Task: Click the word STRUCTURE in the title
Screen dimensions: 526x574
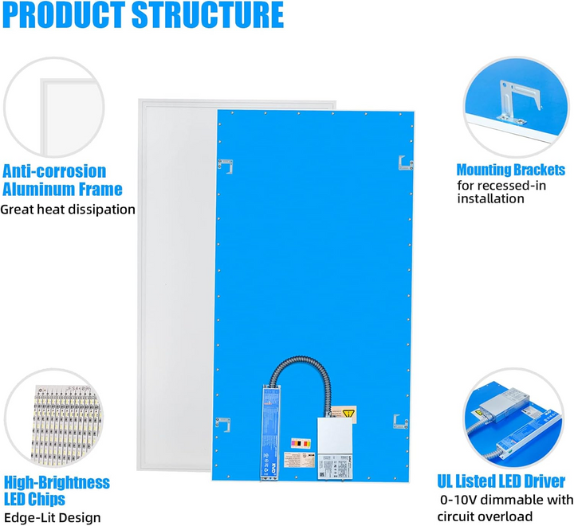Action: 213,15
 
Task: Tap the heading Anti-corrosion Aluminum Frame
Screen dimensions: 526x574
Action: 63,180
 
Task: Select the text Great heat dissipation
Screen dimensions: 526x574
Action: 68,210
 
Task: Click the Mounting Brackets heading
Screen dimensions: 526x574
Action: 510,170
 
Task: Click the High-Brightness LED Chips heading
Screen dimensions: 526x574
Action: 57,491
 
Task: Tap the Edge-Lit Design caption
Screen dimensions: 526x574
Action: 53,517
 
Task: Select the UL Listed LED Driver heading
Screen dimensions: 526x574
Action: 501,481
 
